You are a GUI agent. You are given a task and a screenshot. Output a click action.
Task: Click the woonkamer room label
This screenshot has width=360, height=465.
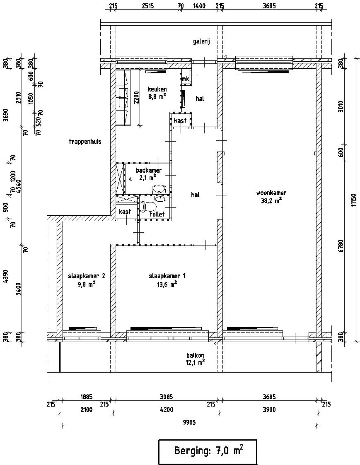tap(271, 193)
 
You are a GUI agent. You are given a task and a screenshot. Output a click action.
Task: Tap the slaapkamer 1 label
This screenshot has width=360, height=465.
tap(167, 276)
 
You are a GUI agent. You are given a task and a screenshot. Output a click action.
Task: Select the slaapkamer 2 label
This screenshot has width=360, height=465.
tap(86, 276)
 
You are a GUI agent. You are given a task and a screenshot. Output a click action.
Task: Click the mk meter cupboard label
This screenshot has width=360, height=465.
tap(185, 79)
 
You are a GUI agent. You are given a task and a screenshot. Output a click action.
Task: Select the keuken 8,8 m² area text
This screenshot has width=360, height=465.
tap(157, 96)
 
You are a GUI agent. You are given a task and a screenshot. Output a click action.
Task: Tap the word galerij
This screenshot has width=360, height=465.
tap(201, 41)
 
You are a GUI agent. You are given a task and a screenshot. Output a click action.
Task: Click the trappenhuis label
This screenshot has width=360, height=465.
tap(85, 141)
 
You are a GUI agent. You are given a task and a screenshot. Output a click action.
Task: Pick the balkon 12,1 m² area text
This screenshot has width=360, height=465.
tap(195, 362)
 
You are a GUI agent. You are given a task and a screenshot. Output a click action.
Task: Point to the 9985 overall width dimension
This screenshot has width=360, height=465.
tap(189, 422)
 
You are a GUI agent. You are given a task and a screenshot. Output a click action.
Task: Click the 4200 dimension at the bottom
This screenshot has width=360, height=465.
tap(166, 410)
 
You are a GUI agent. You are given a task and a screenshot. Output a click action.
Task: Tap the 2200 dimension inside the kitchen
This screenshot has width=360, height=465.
tap(136, 97)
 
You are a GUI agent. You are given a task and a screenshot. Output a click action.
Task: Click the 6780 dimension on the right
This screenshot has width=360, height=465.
tap(341, 245)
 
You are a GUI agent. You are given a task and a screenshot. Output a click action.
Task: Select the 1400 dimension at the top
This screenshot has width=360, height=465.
tap(199, 6)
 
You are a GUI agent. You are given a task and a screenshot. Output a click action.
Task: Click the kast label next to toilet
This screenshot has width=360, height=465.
tap(125, 212)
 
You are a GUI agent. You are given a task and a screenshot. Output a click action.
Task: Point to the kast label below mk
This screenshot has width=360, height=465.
tap(180, 121)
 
